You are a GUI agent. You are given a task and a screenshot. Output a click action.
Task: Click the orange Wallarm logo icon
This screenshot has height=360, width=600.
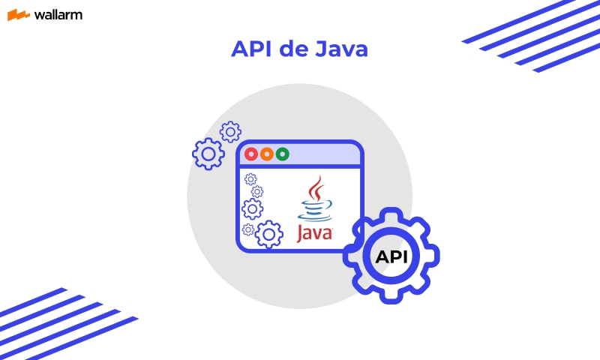click(18, 15)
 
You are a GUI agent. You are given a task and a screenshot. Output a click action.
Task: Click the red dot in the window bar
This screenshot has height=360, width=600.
click(251, 154)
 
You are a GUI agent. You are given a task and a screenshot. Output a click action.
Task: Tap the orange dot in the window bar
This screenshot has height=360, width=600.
click(267, 154)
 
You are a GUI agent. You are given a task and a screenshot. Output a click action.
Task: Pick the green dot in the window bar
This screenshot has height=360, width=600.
click(283, 154)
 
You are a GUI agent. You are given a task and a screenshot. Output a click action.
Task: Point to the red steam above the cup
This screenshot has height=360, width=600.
click(317, 187)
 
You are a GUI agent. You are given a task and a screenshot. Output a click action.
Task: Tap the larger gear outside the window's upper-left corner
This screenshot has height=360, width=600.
click(208, 154)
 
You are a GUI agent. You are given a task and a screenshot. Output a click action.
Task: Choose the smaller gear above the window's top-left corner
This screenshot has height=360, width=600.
click(230, 132)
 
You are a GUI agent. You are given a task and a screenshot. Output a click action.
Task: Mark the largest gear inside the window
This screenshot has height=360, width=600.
click(268, 235)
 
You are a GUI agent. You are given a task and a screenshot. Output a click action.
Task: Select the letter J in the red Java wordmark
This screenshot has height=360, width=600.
click(302, 233)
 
